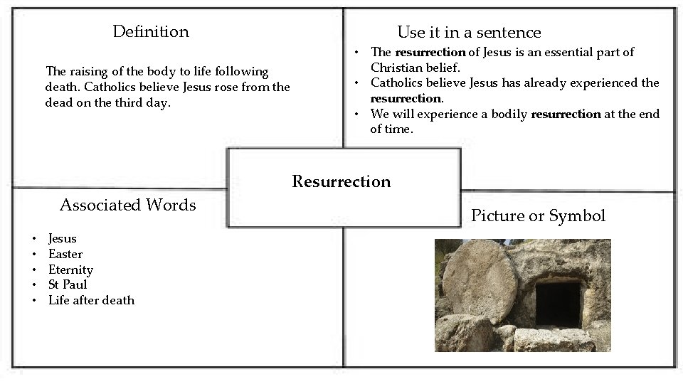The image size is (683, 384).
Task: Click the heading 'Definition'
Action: coord(151,32)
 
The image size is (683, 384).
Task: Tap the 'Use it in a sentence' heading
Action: coord(469,33)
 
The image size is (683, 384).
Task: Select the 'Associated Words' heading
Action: coord(127,206)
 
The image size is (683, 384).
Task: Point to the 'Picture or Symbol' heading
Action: coord(538,216)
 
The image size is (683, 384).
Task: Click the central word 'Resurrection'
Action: coord(341,182)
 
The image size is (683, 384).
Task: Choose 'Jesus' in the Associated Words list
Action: coord(63,239)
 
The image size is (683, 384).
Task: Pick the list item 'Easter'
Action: coord(65,255)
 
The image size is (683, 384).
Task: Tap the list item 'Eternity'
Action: coord(70,270)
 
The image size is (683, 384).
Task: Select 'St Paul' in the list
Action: coord(68,285)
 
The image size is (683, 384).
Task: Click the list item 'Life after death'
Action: coord(91,301)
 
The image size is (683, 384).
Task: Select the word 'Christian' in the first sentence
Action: coord(398,68)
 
